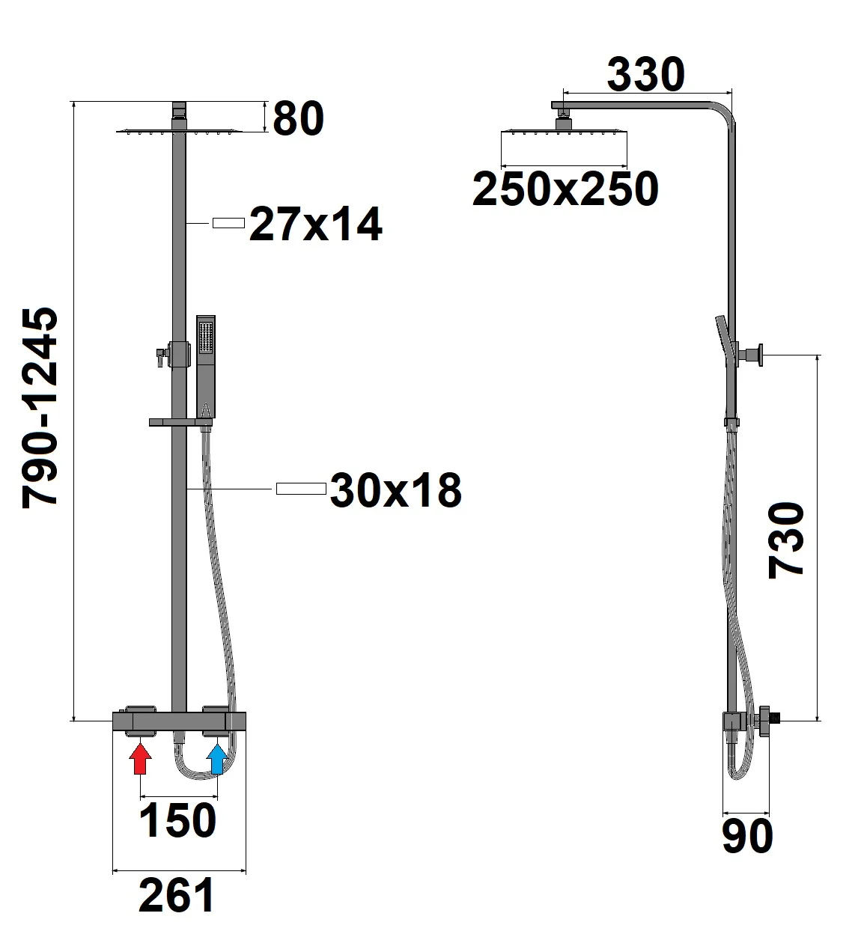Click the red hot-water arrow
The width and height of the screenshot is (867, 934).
coord(140,759)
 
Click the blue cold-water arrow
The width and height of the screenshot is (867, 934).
coord(217,759)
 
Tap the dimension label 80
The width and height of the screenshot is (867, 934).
coord(298,119)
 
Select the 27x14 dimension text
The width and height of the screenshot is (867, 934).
coord(315,224)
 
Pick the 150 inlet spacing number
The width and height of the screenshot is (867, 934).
coord(178,821)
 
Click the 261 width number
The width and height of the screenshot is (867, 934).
coord(177,895)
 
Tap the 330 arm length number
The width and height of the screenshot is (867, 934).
coord(645,74)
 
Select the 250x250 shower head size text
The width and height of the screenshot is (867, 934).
coord(565,189)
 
